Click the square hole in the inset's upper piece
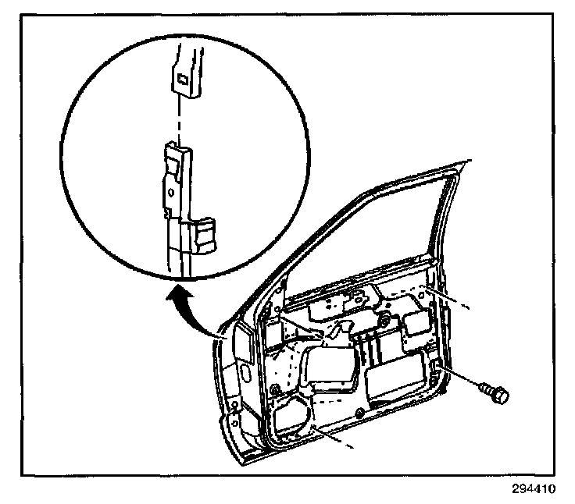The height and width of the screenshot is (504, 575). (x=180, y=77)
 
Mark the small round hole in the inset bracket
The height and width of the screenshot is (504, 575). (x=170, y=190)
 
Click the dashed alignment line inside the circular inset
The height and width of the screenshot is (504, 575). (x=181, y=117)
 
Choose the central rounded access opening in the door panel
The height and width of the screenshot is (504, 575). (x=328, y=367)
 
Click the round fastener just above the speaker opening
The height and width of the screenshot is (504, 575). (x=274, y=389)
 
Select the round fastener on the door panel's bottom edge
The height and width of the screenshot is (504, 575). (x=357, y=411)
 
